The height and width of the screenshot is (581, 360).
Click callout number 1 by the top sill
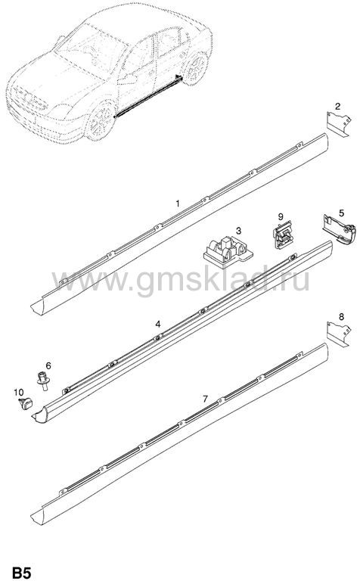tap(178, 204)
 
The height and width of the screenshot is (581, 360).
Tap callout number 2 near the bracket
tap(337, 107)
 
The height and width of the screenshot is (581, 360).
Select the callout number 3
tap(238, 231)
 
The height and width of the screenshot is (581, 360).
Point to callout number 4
tap(158, 324)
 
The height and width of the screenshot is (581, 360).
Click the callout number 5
tap(342, 213)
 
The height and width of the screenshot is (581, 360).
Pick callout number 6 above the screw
tap(48, 365)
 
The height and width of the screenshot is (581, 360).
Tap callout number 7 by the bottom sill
tap(205, 399)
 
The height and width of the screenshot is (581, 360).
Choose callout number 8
tap(342, 316)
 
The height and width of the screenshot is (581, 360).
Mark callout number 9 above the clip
tap(281, 216)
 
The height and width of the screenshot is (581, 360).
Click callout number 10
tap(18, 392)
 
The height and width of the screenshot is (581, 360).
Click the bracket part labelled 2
tap(338, 124)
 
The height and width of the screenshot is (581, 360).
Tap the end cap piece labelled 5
tap(340, 229)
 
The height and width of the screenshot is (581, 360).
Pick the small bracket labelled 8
tap(338, 334)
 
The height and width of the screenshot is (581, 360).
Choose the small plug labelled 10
tap(26, 404)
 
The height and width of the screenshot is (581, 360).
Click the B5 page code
tap(23, 573)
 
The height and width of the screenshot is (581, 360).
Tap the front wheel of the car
tap(100, 121)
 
